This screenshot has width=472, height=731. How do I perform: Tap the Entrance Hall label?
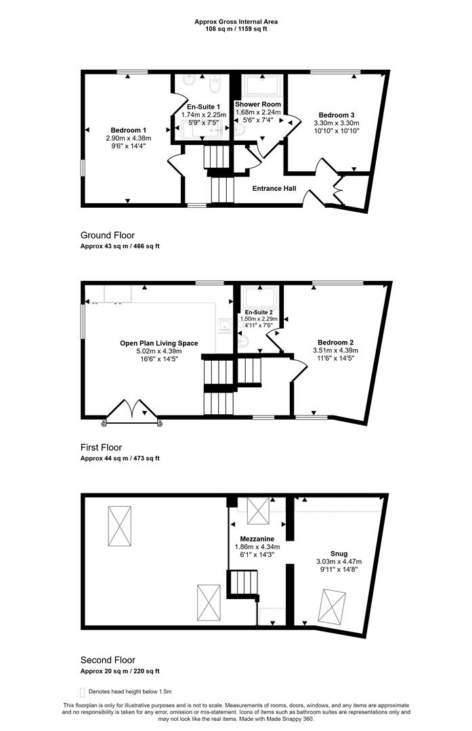274,188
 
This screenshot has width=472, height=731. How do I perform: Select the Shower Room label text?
258,104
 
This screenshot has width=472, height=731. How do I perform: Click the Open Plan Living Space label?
159,343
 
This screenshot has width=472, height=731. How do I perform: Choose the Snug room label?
339,554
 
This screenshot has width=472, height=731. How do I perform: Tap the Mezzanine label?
257,539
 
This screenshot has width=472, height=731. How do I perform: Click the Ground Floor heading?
108,236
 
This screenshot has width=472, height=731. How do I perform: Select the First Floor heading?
101,447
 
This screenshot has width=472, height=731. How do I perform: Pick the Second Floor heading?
108,660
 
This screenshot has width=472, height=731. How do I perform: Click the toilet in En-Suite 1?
215,84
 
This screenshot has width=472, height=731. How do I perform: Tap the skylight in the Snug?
332,606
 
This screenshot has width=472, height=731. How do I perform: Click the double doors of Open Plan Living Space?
133,412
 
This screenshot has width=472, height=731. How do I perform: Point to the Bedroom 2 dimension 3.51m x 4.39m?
336,351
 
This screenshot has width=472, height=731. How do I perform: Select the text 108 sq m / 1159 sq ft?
236,29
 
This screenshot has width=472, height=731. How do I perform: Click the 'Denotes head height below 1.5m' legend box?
83,692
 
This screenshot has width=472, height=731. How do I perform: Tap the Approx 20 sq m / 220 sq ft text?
120,671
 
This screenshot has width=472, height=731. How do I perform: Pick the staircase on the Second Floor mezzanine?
243,583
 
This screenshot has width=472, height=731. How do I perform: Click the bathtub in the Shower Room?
263,86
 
